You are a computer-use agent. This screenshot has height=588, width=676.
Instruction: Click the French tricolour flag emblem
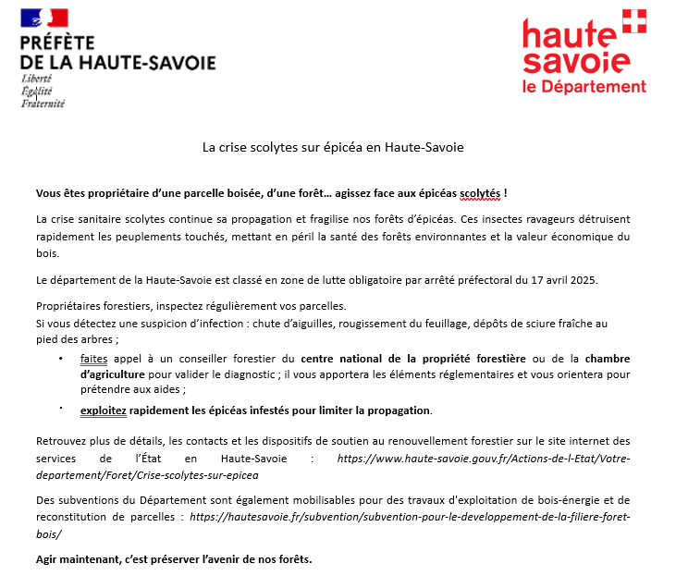click(44, 17)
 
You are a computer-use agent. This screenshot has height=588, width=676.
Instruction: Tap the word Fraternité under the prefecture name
click(43, 104)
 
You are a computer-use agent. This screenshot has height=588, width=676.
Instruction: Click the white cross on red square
click(633, 21)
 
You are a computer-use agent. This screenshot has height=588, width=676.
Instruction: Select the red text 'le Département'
click(584, 87)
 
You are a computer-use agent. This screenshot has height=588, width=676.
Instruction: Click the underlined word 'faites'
click(93, 358)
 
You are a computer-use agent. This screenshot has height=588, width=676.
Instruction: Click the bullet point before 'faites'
click(61, 357)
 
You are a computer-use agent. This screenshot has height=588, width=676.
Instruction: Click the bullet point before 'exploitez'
click(61, 407)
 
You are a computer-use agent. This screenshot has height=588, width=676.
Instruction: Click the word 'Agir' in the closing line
click(49, 559)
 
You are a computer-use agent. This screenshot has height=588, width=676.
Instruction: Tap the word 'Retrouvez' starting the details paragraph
click(62, 441)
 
